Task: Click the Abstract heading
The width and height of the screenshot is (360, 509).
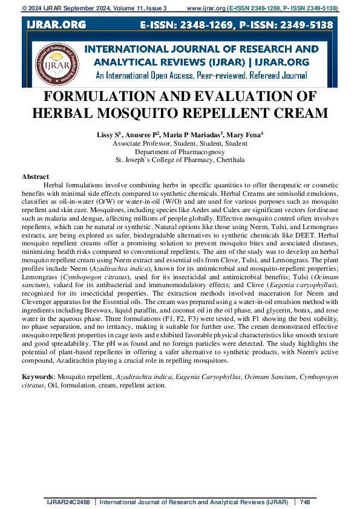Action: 35,176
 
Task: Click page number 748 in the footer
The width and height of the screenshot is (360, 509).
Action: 304,502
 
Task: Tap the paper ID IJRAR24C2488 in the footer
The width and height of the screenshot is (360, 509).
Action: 69,502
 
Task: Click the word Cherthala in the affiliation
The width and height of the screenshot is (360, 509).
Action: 226,160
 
